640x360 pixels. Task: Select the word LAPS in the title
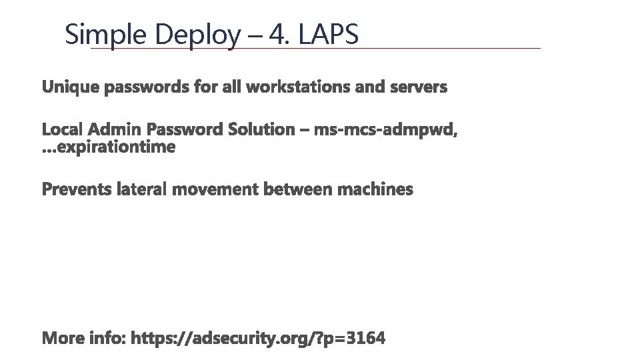coord(329,35)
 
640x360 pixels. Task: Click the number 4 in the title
coord(276,35)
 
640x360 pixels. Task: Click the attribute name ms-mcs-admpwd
coord(385,129)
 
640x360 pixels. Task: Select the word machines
coord(375,190)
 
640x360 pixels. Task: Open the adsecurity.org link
coord(259,339)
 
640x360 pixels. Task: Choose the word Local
coord(62,129)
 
